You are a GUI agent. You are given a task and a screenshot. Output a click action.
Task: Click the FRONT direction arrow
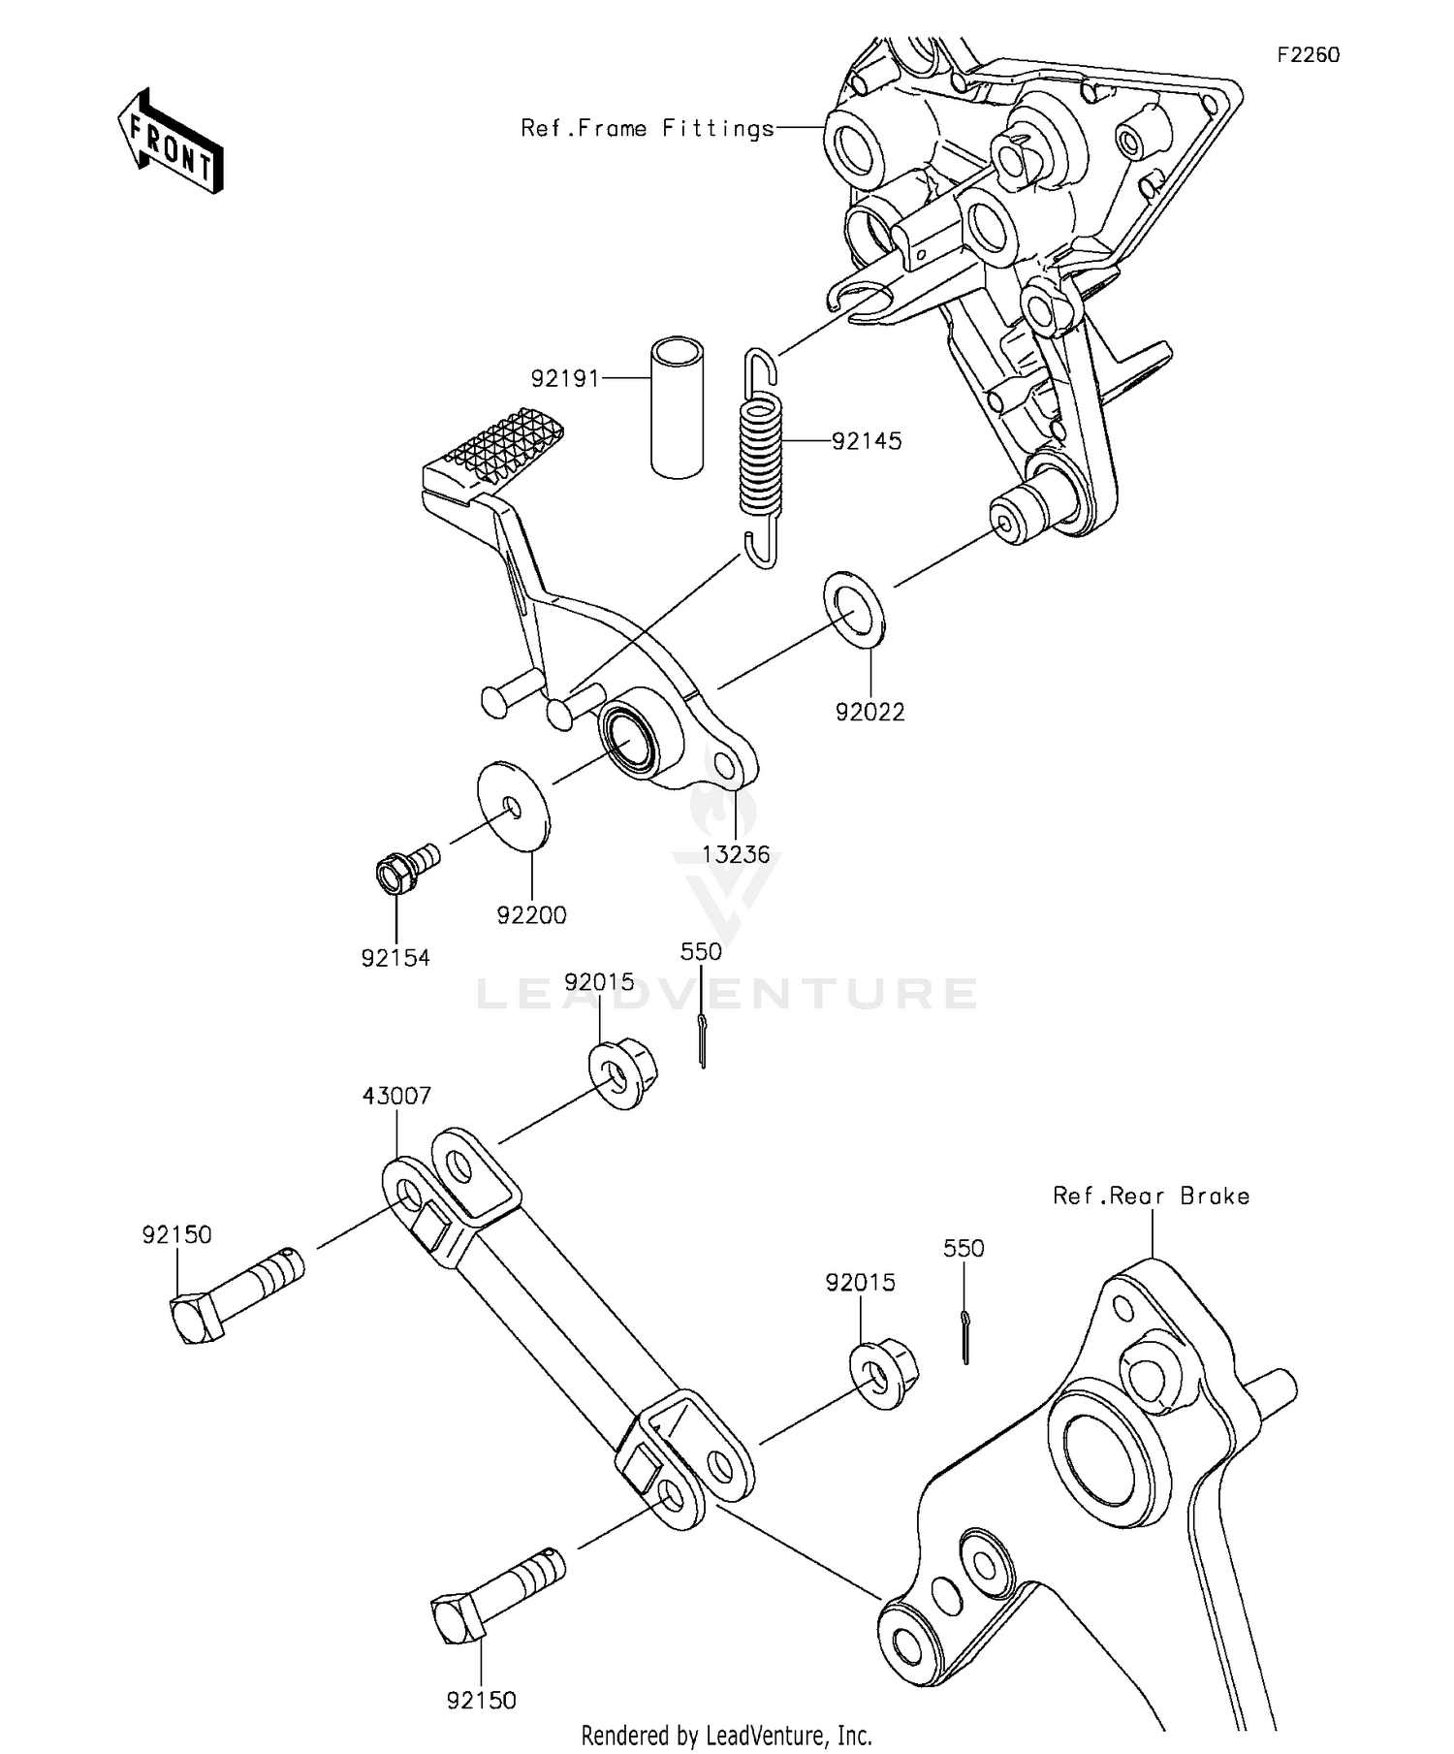(171, 143)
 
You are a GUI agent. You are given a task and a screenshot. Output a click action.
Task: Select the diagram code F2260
(1308, 55)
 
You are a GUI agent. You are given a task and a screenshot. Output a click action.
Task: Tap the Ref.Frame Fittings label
(648, 128)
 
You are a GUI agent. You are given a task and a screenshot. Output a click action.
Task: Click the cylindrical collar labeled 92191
(677, 407)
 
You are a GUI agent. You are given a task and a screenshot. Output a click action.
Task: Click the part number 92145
(867, 441)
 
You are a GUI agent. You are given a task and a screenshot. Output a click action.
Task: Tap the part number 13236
(736, 854)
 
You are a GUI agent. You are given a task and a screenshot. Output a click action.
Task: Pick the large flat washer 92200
(513, 805)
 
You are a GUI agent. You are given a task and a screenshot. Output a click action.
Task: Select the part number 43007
(396, 1096)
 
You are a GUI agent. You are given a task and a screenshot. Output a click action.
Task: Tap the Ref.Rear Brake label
(1151, 1196)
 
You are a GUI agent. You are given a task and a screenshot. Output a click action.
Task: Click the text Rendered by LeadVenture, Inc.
(726, 1735)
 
